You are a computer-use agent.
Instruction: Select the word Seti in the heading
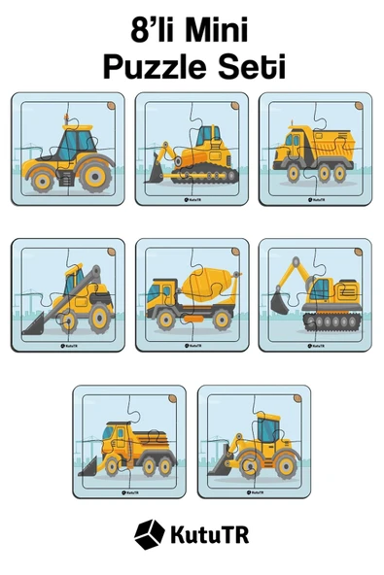pos(252,67)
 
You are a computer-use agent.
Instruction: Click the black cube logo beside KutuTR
pos(149,534)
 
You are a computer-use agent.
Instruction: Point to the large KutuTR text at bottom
pos(210,534)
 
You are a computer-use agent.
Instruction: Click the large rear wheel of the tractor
pos(95,177)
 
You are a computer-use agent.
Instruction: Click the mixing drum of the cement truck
pos(208,282)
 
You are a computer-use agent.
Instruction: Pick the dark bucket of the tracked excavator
pos(279,303)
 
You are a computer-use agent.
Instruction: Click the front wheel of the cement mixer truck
pos(166,320)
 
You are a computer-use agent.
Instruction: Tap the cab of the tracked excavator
pos(321,288)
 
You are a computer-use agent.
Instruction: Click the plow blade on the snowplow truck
pos(87,467)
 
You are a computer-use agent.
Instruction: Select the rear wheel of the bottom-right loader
pos(286,466)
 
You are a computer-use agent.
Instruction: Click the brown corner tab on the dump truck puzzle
pos(359,106)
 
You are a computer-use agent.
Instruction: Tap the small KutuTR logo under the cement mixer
pos(192,346)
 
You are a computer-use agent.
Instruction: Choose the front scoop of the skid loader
pos(33,323)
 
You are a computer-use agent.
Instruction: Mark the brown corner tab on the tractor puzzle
pos(111,106)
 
